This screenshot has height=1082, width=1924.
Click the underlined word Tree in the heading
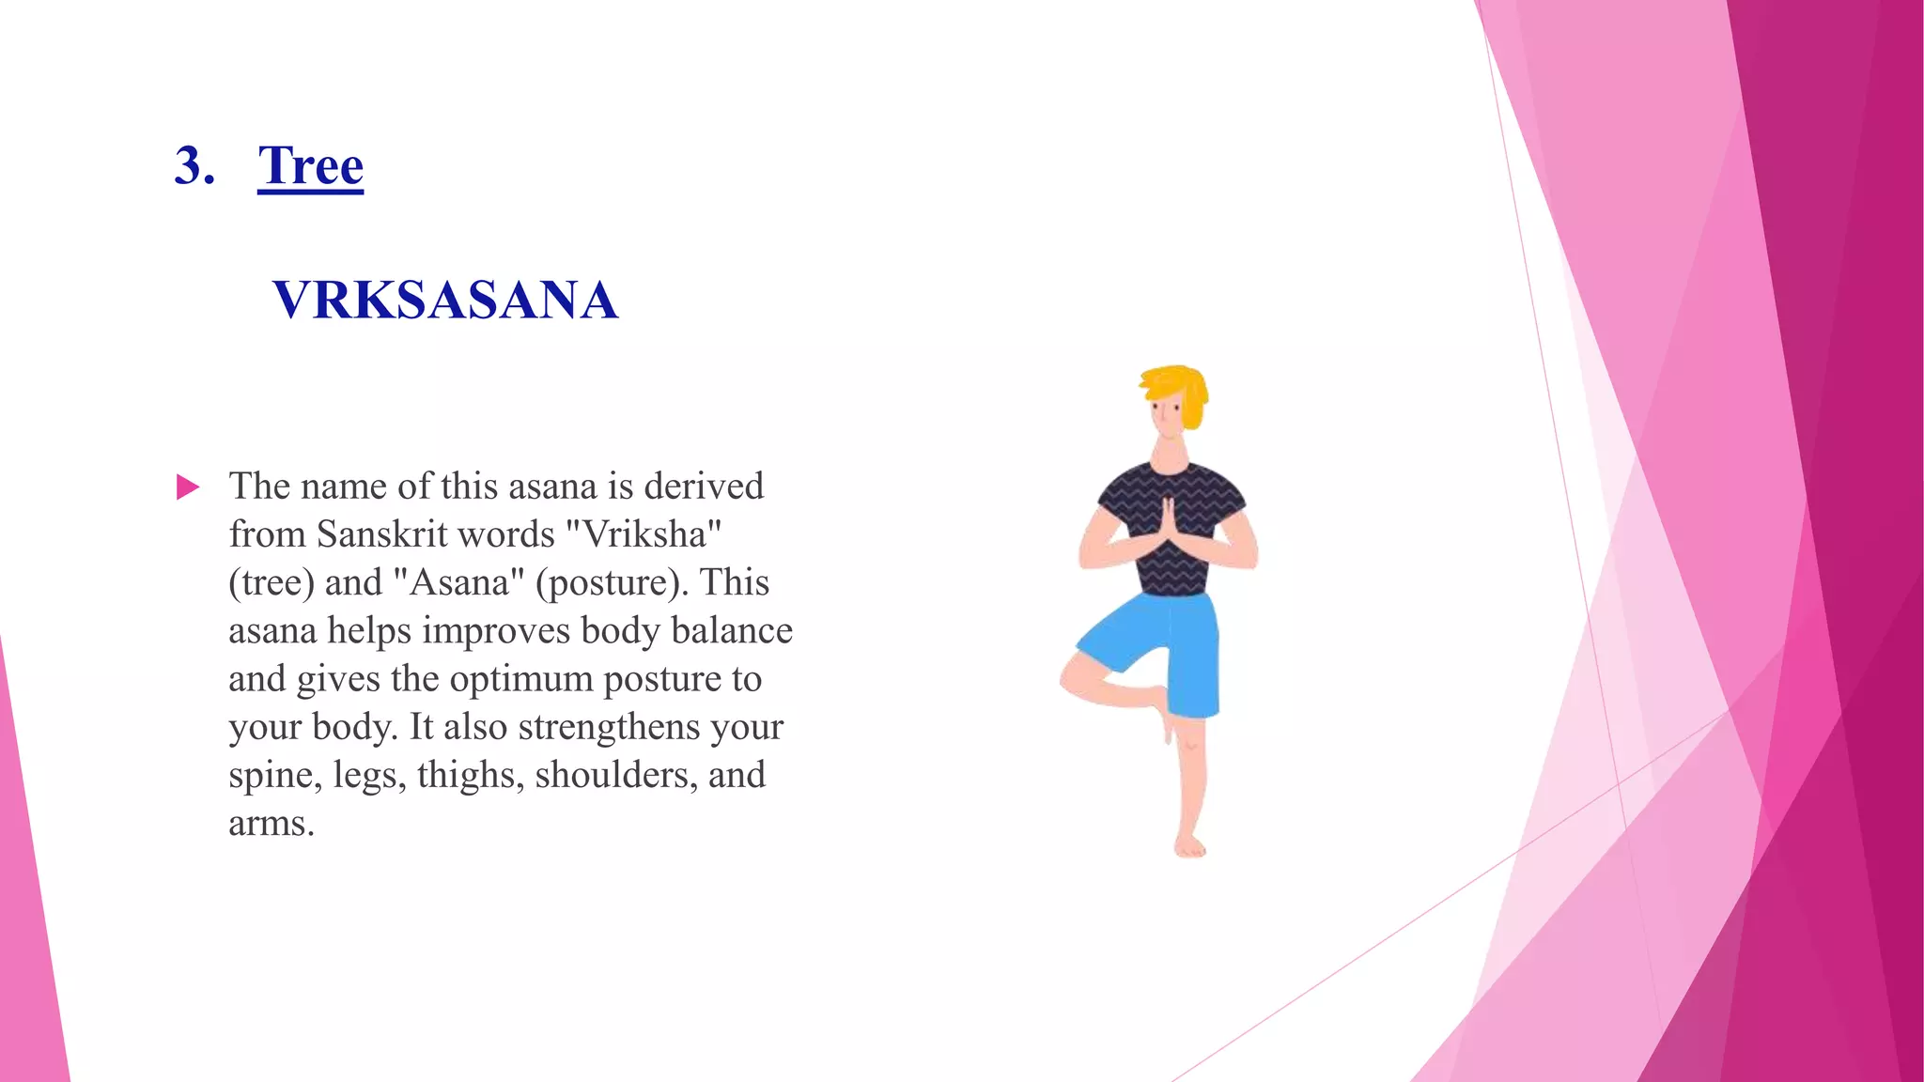coord(310,166)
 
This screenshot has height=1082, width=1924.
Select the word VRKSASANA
coord(445,301)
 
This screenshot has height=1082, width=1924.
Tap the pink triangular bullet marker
coord(188,487)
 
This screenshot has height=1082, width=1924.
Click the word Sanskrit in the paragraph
coord(372,534)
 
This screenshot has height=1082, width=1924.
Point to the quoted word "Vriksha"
coord(644,534)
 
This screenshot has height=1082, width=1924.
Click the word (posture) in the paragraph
coord(612,582)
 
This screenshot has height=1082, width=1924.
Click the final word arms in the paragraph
coord(270,824)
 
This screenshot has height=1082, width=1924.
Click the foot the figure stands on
coord(1189,845)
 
